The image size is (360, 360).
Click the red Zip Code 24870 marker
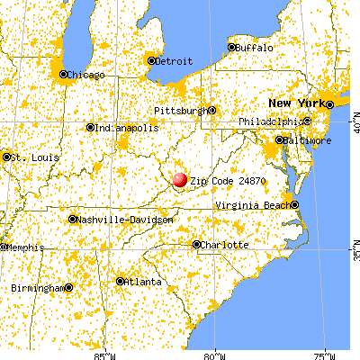(180, 179)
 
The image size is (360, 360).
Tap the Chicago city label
(86, 74)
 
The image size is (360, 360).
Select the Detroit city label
(175, 61)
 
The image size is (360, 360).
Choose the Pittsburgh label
(180, 110)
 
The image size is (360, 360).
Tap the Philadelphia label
(272, 121)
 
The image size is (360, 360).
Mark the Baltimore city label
(302, 139)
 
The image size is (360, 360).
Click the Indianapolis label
(127, 127)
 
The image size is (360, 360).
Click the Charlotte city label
(224, 244)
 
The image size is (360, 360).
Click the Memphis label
(21, 247)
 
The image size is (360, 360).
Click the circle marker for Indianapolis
(90, 127)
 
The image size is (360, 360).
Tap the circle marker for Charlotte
(197, 244)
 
